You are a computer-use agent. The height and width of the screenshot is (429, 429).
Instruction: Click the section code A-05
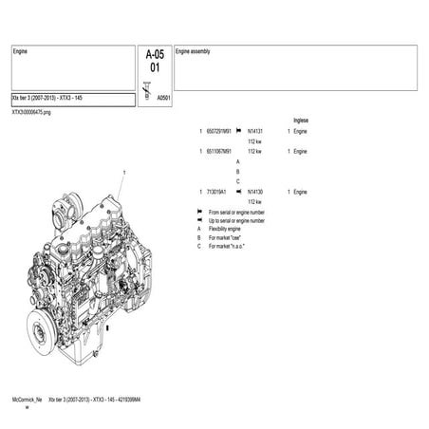pos(154,54)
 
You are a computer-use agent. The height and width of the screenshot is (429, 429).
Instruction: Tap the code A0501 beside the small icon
pos(163,97)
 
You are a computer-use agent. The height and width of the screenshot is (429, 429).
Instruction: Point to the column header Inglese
pos(302,121)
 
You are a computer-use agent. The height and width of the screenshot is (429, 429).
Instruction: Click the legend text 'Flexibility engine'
pos(229,229)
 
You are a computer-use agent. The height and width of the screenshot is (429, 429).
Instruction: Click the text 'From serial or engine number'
pos(236,212)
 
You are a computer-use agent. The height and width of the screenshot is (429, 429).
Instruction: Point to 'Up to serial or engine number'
pos(236,220)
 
